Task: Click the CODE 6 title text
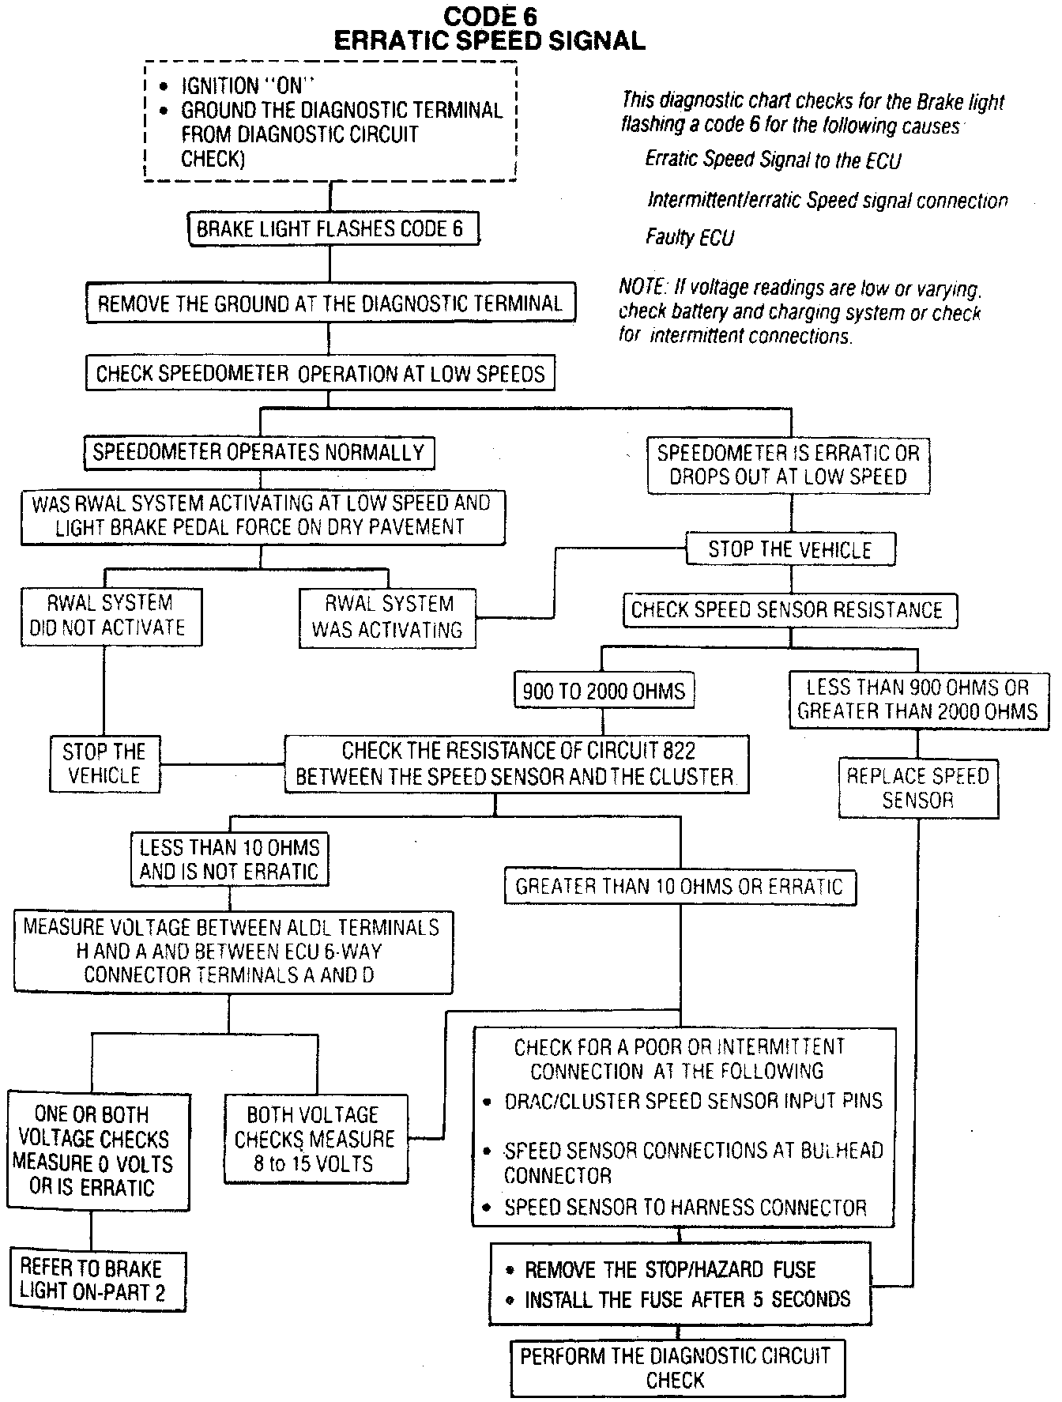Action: tap(490, 16)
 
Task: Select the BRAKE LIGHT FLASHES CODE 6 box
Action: tap(333, 229)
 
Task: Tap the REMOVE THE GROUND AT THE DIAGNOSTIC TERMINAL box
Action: tap(330, 303)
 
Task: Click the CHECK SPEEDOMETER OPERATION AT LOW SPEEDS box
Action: tap(320, 373)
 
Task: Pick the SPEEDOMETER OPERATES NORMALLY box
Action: tap(258, 453)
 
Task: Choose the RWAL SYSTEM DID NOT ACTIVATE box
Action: tap(111, 616)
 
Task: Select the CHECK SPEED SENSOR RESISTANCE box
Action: tap(788, 610)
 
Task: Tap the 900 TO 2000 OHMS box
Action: tap(604, 692)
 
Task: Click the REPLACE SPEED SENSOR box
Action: tap(917, 788)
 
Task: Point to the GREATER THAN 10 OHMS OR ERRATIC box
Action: tap(680, 887)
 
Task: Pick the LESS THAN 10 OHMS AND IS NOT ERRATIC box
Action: tap(229, 860)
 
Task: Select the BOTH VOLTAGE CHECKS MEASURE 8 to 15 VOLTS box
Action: tap(315, 1139)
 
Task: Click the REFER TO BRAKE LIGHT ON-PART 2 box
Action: tap(96, 1280)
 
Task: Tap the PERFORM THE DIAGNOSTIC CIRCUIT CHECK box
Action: tap(676, 1367)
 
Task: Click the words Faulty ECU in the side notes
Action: tap(690, 237)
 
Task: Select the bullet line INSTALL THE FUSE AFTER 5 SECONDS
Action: tap(687, 1299)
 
